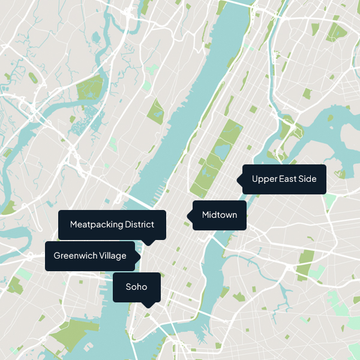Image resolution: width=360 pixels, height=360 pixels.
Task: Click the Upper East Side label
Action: point(284,179)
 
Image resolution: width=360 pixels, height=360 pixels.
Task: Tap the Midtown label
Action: point(220,215)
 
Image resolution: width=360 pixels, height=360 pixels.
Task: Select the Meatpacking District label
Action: point(112,224)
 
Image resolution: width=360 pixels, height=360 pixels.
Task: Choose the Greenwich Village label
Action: point(90,256)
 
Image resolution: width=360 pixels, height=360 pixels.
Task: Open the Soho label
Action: point(137,287)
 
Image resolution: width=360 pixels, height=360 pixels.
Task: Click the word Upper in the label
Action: point(263,179)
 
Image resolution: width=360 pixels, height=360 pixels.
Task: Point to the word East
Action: point(286,179)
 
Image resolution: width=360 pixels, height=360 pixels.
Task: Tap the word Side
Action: point(307,179)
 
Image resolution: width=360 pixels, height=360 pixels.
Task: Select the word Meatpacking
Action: point(96,224)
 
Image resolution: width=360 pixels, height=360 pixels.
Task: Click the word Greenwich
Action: point(72,256)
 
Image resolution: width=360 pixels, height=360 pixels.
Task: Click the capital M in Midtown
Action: point(206,215)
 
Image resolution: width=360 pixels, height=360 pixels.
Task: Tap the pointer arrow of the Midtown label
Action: point(189,215)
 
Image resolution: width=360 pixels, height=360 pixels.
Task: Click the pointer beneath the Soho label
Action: point(149,305)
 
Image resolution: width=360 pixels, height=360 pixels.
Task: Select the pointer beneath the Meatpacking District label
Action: point(149,242)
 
